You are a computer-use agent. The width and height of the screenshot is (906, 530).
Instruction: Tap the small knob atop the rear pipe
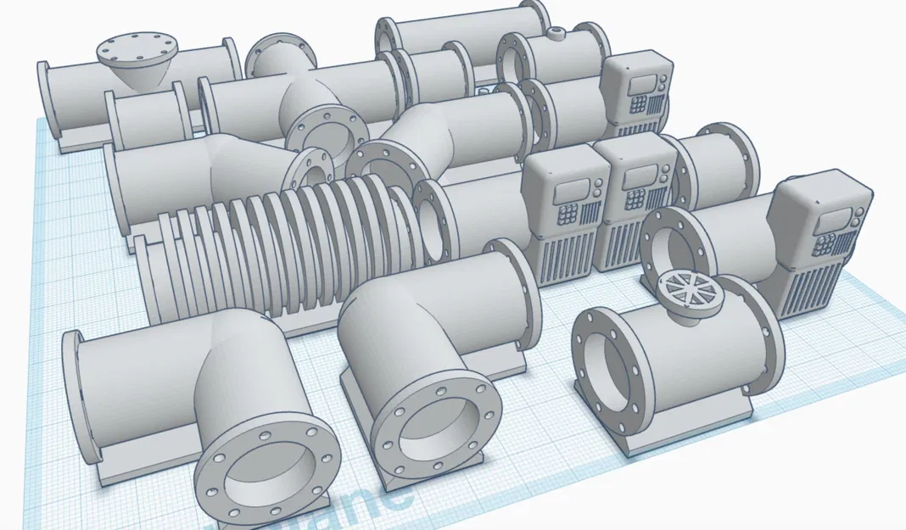coord(557,34)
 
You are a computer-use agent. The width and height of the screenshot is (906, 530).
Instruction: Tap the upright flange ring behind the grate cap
coord(670,246)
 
